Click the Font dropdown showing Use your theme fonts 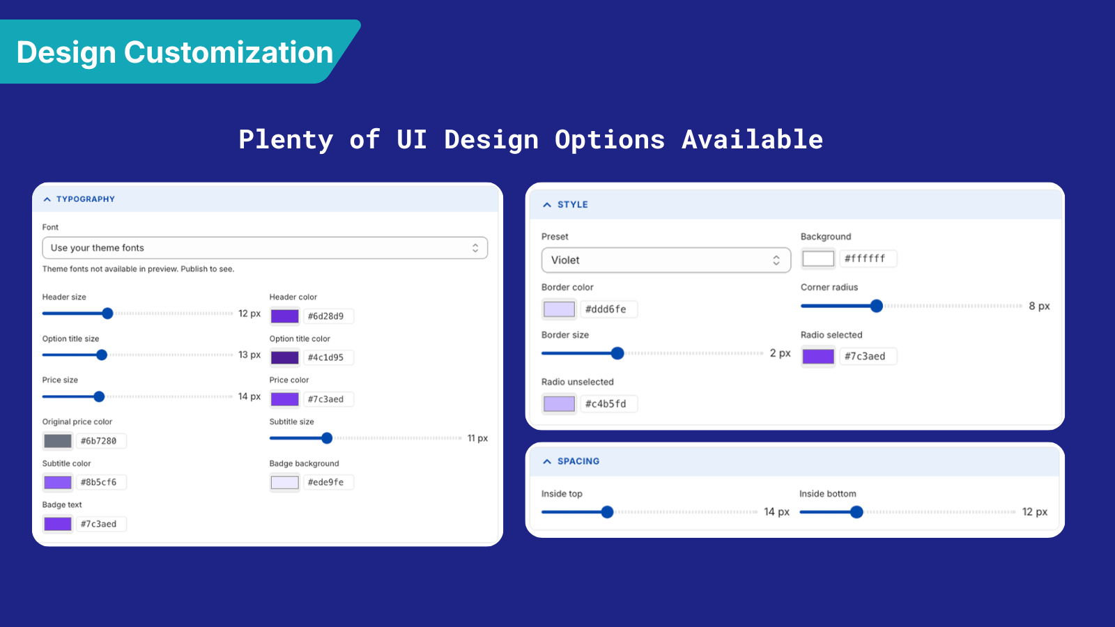[265, 248]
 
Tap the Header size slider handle [107, 313]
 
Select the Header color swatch [285, 316]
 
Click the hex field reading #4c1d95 [328, 357]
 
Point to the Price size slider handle [99, 396]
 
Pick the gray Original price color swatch [58, 441]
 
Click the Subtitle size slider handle [327, 438]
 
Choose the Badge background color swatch [285, 482]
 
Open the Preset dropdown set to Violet [666, 260]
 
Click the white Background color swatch [818, 258]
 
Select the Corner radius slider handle [877, 306]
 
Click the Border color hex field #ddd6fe [609, 309]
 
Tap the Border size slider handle [617, 353]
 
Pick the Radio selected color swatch [818, 356]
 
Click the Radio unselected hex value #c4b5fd [609, 403]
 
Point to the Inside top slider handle [607, 512]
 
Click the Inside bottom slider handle [856, 512]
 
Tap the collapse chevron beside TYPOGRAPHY [47, 199]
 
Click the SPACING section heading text [578, 461]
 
